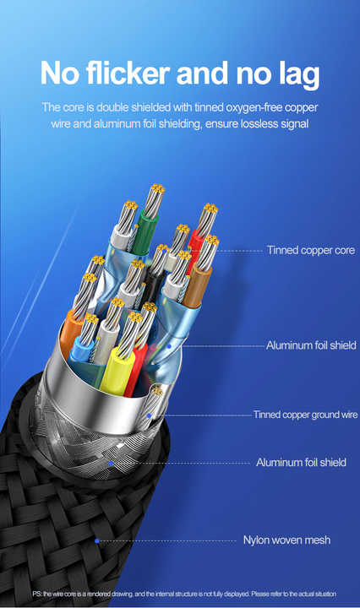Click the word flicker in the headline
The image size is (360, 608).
coord(128,73)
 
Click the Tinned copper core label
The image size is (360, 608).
coord(311,250)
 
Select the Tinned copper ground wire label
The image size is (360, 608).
coord(305,415)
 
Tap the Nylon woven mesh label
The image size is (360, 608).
coord(286,540)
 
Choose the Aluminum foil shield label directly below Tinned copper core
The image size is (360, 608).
coord(311,345)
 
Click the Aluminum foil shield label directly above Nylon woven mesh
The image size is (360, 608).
coord(301,462)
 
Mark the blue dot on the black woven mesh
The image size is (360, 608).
coord(97,540)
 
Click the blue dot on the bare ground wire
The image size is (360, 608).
coord(149,415)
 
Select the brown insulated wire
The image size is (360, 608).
coord(197,286)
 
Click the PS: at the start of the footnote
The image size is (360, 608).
coord(37,594)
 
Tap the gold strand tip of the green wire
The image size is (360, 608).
coord(158,189)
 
